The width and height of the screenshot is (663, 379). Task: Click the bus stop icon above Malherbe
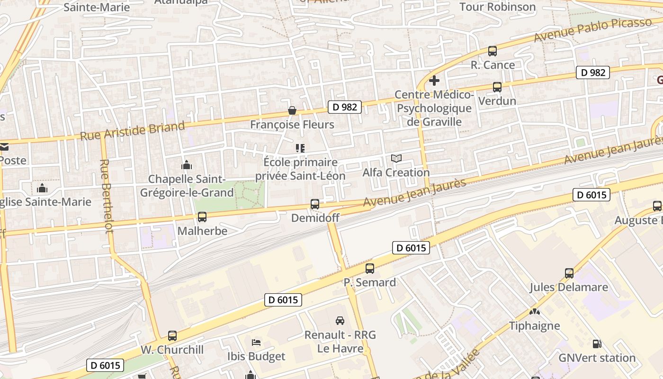point(202,217)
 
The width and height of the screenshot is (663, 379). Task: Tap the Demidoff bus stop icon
point(314,204)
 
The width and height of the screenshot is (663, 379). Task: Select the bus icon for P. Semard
point(370,269)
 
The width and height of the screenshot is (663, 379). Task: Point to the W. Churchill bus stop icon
point(172,336)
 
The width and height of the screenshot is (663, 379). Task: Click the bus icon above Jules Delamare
point(569,273)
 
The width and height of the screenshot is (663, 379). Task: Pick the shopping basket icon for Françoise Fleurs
point(292,111)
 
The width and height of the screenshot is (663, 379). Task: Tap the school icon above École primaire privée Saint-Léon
point(300,148)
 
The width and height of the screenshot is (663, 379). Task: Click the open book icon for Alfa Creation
point(396,159)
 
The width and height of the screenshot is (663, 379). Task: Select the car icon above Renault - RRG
point(340,321)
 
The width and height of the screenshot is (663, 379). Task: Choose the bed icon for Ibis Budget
point(256,342)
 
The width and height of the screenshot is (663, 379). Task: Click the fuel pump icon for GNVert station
point(597,344)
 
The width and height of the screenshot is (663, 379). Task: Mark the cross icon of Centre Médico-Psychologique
point(434,81)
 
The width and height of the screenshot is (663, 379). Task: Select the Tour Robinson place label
point(498,7)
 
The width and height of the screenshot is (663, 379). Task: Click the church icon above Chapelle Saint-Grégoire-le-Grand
point(187,165)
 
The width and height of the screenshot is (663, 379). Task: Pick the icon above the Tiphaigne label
point(534,312)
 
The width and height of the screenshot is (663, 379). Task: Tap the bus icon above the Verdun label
point(497,87)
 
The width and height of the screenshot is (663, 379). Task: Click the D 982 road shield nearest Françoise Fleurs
point(345,107)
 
